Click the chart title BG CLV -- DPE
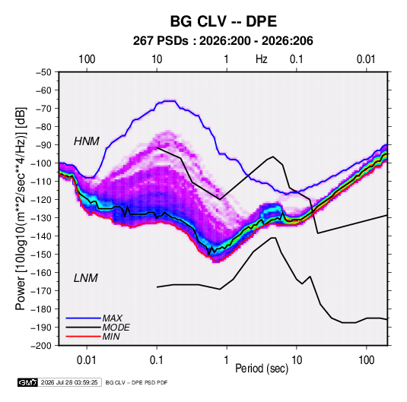coord(224,21)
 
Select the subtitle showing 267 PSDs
coord(223,41)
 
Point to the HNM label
coord(87,141)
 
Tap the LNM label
coord(86,278)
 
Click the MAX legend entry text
coord(112,318)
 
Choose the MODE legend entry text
coord(116,328)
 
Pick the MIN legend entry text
coord(111,337)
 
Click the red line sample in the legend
coord(83,337)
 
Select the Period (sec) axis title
coord(262,369)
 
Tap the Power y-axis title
coord(21,209)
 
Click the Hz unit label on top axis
coord(262,59)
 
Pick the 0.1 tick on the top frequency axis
coord(297,59)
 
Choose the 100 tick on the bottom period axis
coord(366,360)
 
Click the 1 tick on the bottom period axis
coord(227,360)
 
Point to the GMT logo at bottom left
coord(27,382)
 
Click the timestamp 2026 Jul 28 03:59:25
coord(69,382)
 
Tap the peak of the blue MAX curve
coord(170,101)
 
